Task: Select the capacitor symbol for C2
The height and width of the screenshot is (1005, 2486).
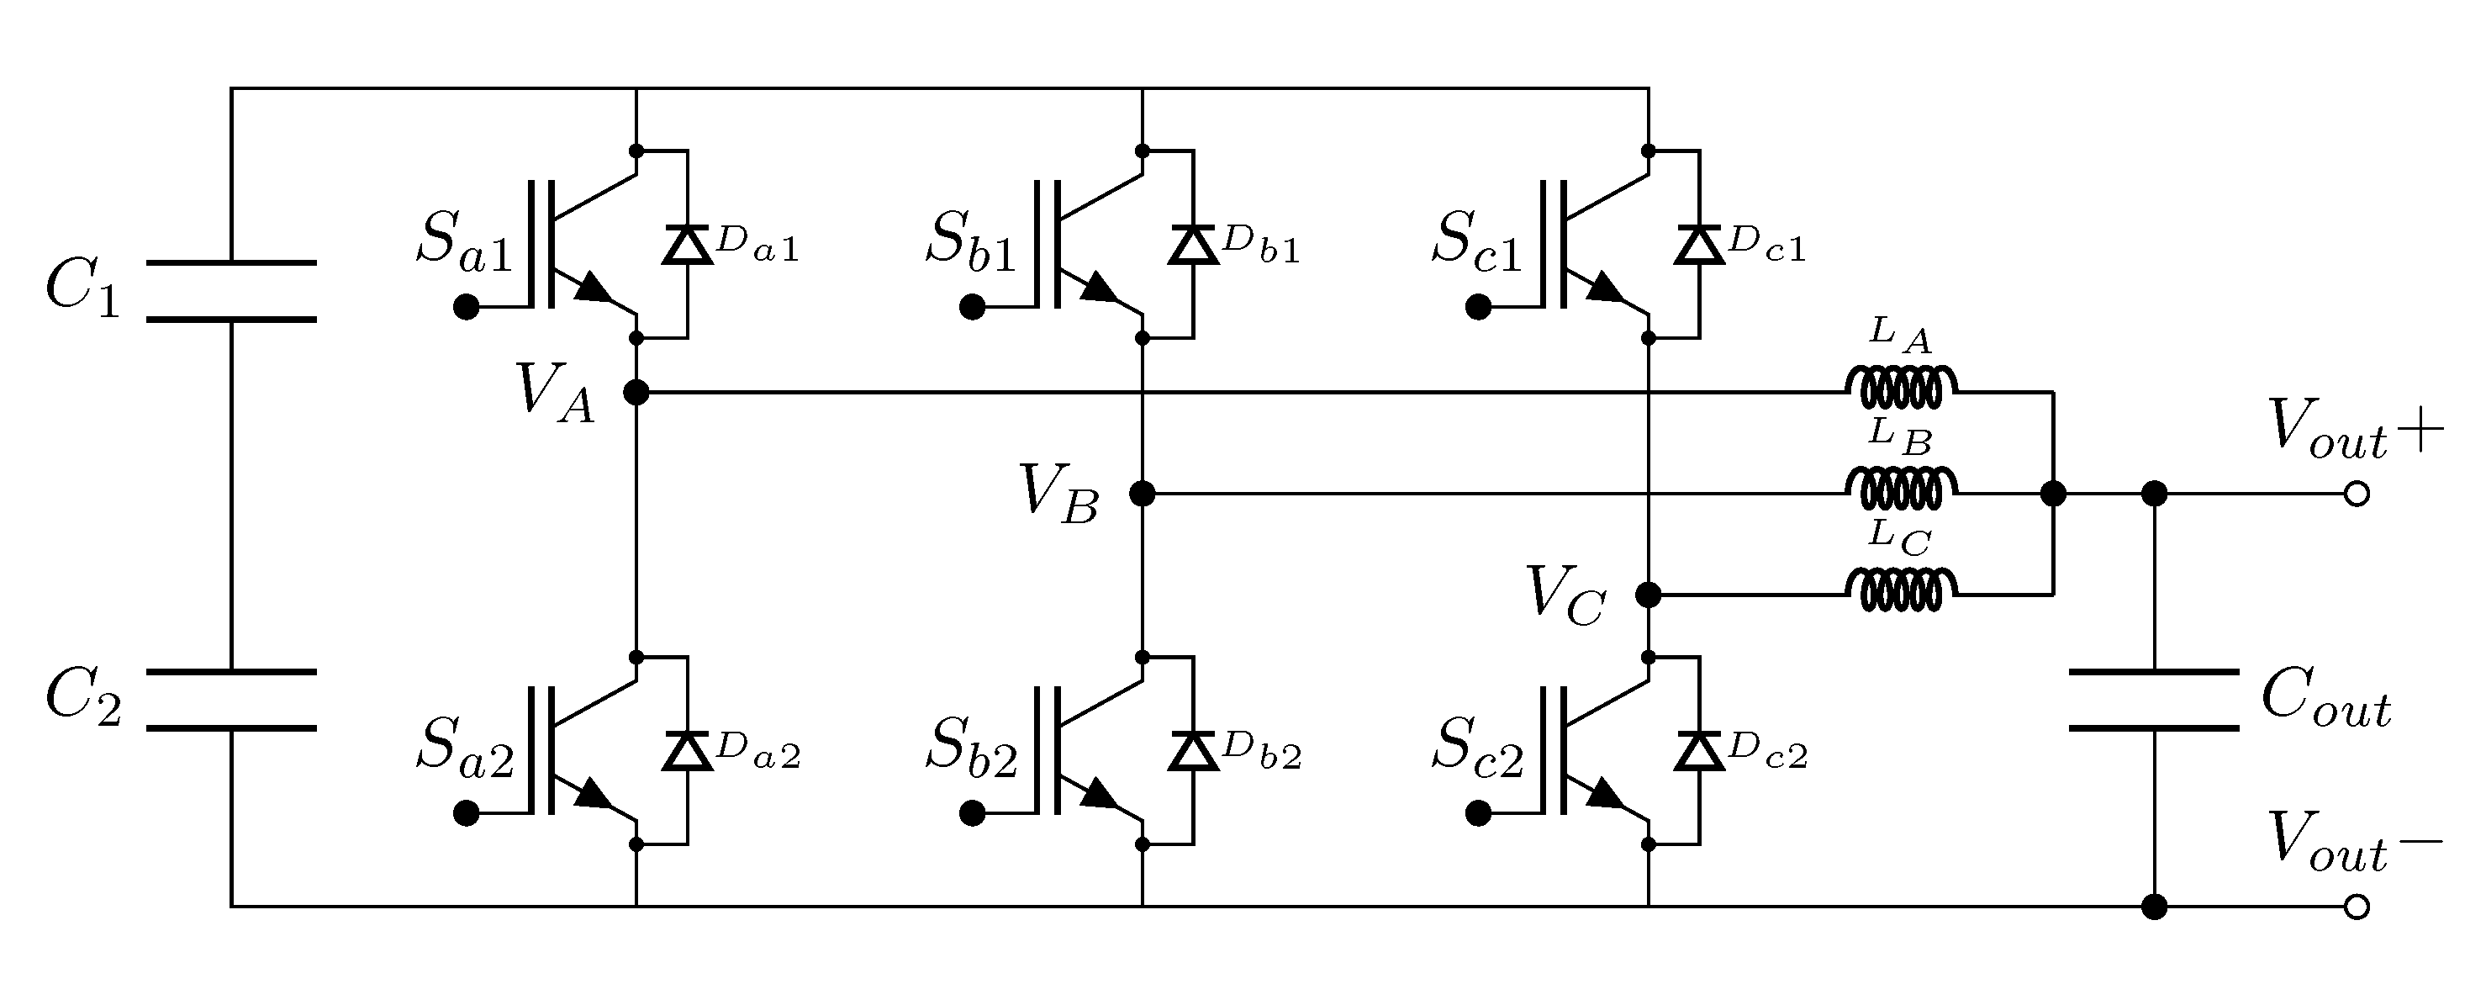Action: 231,700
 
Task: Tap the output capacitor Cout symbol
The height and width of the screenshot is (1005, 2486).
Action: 2154,700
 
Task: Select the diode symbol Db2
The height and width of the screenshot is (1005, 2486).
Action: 1193,751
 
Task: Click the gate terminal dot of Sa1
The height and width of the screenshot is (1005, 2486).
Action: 466,308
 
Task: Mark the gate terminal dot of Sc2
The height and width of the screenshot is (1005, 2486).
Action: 1477,814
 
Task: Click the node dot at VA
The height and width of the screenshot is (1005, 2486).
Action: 636,392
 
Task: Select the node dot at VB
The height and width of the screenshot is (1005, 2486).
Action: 1142,494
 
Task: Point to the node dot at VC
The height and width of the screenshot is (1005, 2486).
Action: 1649,595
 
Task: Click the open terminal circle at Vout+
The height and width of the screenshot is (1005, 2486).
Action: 2356,495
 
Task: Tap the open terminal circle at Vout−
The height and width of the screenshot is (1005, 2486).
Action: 2356,907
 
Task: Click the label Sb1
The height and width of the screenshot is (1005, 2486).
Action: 971,241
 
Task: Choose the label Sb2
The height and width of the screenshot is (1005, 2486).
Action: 971,748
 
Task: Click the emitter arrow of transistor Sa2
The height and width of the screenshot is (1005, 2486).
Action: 594,795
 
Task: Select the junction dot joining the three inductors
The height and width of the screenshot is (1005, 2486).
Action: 2053,494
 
